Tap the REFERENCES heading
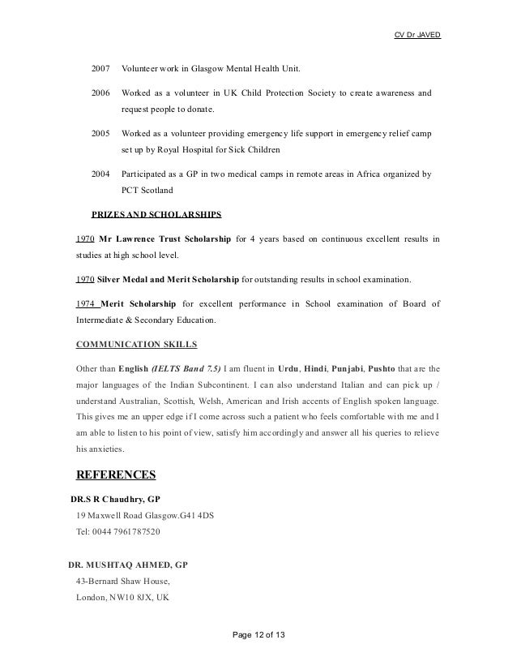click(x=115, y=475)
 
